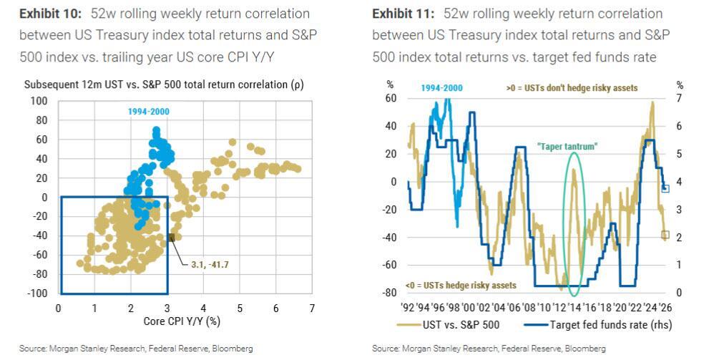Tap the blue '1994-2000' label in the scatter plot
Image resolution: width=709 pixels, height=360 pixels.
click(x=150, y=112)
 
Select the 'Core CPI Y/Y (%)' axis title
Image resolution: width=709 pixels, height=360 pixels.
click(x=184, y=321)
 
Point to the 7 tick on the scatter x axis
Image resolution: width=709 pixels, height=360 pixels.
click(x=312, y=308)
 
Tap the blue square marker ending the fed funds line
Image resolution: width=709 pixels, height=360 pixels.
click(x=665, y=188)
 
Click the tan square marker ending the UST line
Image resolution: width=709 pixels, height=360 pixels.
click(x=665, y=235)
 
